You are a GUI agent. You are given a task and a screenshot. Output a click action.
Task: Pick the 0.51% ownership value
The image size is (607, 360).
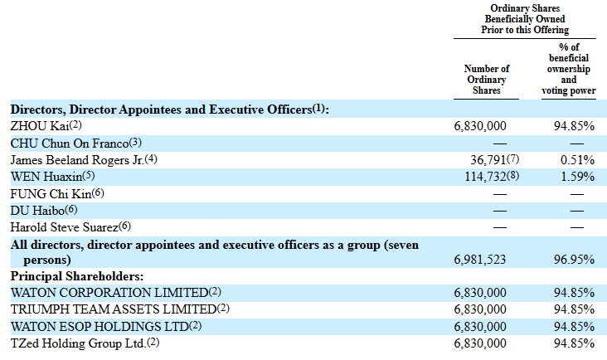[577, 159]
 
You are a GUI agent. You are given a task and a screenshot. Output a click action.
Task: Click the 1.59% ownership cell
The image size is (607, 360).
[577, 176]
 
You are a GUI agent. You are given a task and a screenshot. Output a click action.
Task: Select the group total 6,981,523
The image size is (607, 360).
[480, 260]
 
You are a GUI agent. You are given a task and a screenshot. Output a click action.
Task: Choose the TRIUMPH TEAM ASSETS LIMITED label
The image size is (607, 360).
[113, 309]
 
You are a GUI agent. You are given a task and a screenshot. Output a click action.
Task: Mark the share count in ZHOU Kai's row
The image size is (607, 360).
[480, 126]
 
